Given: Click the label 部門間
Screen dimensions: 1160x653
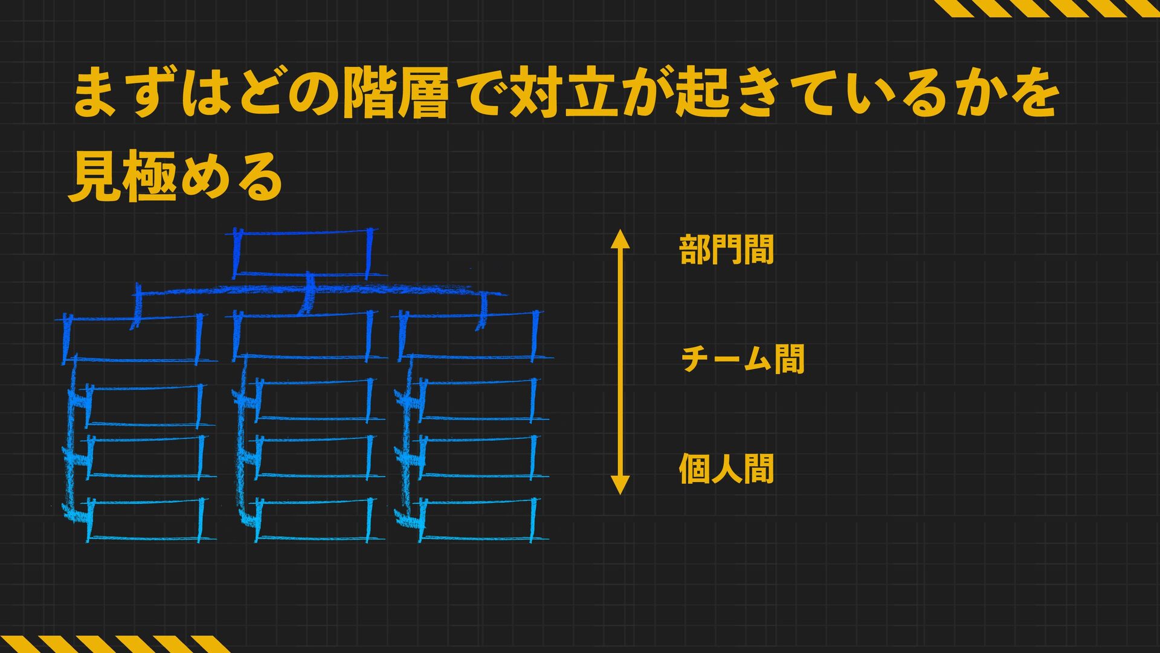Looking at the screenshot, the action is (x=726, y=250).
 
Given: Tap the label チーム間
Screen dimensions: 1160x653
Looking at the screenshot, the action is (x=743, y=359).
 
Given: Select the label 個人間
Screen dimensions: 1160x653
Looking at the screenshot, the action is (x=726, y=469).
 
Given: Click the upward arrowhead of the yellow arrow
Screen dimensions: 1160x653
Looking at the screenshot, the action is (x=620, y=239).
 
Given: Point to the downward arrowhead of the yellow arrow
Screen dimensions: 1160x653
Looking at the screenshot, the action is (x=620, y=484).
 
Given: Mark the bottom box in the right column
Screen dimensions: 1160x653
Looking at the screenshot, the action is (x=477, y=519).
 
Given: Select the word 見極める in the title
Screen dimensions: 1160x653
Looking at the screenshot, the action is (x=175, y=177).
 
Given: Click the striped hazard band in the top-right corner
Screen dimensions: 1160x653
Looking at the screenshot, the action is (x=1045, y=8).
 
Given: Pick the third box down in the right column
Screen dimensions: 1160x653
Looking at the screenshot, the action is (x=477, y=456).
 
